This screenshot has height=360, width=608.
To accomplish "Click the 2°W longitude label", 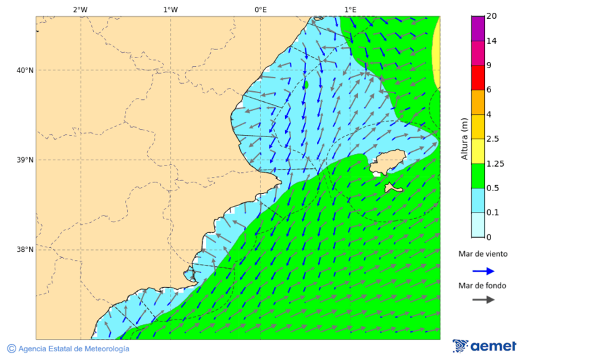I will pos(80,9).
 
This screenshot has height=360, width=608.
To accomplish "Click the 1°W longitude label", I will pos(170,9).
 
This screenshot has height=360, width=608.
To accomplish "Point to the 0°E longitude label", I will pos(260,9).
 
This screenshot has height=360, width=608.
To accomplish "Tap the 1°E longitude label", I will pos(350,9).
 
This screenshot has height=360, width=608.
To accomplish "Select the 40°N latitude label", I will pos(25,70).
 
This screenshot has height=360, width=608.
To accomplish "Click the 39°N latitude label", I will pos(25,160).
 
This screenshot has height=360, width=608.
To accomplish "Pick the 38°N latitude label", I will pos(25,250).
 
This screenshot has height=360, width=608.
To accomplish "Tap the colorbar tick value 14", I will pos(491,41).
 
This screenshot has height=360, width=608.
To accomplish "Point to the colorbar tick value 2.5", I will pos(492,139).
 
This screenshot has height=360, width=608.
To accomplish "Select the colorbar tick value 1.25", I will pos(495,163).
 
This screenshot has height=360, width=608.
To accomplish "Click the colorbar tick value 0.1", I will pos(492,213).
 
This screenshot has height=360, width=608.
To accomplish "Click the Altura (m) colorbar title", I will pos(464,138).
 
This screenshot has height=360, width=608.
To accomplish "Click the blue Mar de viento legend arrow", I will pos(483,272).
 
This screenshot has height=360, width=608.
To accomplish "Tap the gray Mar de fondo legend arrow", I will pos(483,300).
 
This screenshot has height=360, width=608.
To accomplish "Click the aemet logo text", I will pos(492,346).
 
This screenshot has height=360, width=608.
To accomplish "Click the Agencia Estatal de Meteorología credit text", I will pos(73,349).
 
